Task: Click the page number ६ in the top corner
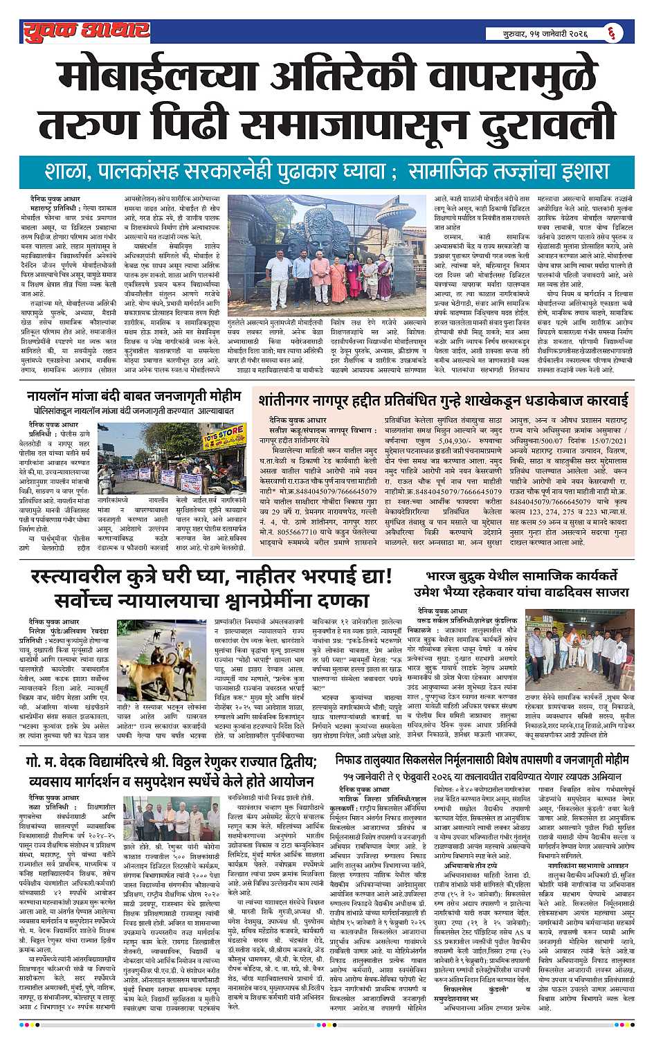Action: (626, 32)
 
